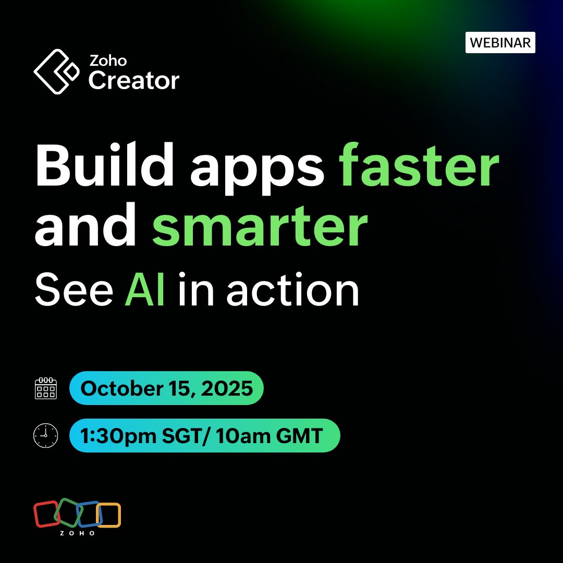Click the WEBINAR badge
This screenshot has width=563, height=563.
coord(500,43)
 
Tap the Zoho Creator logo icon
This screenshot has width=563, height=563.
coord(56,71)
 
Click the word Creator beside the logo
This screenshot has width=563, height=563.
coord(134,80)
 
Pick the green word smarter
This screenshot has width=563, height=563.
coord(260,227)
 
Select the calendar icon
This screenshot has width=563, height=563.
coord(46,388)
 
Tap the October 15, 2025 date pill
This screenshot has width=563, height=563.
coord(166,388)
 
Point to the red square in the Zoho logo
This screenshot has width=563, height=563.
coord(46,513)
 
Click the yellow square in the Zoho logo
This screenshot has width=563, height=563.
coord(109,515)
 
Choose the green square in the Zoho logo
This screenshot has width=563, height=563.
coord(67,512)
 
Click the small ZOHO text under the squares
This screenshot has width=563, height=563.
coord(77,533)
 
